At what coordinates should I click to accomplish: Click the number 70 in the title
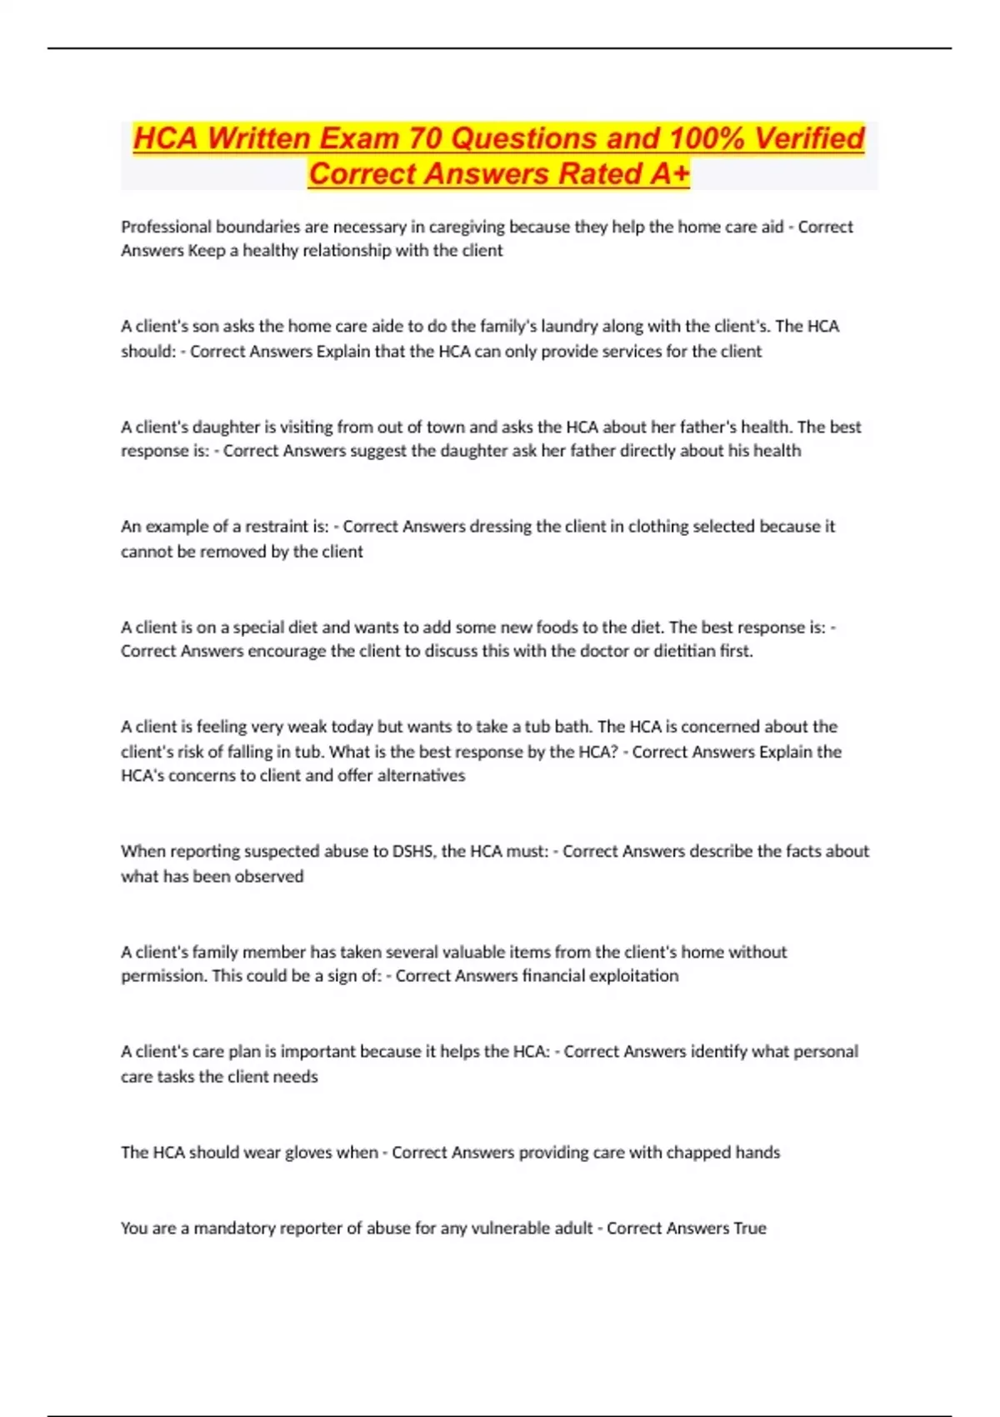[x=425, y=138]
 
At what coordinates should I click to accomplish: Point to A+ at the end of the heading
[x=670, y=174]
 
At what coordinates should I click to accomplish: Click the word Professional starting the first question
[x=166, y=227]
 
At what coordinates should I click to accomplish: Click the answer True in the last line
[x=749, y=1229]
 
